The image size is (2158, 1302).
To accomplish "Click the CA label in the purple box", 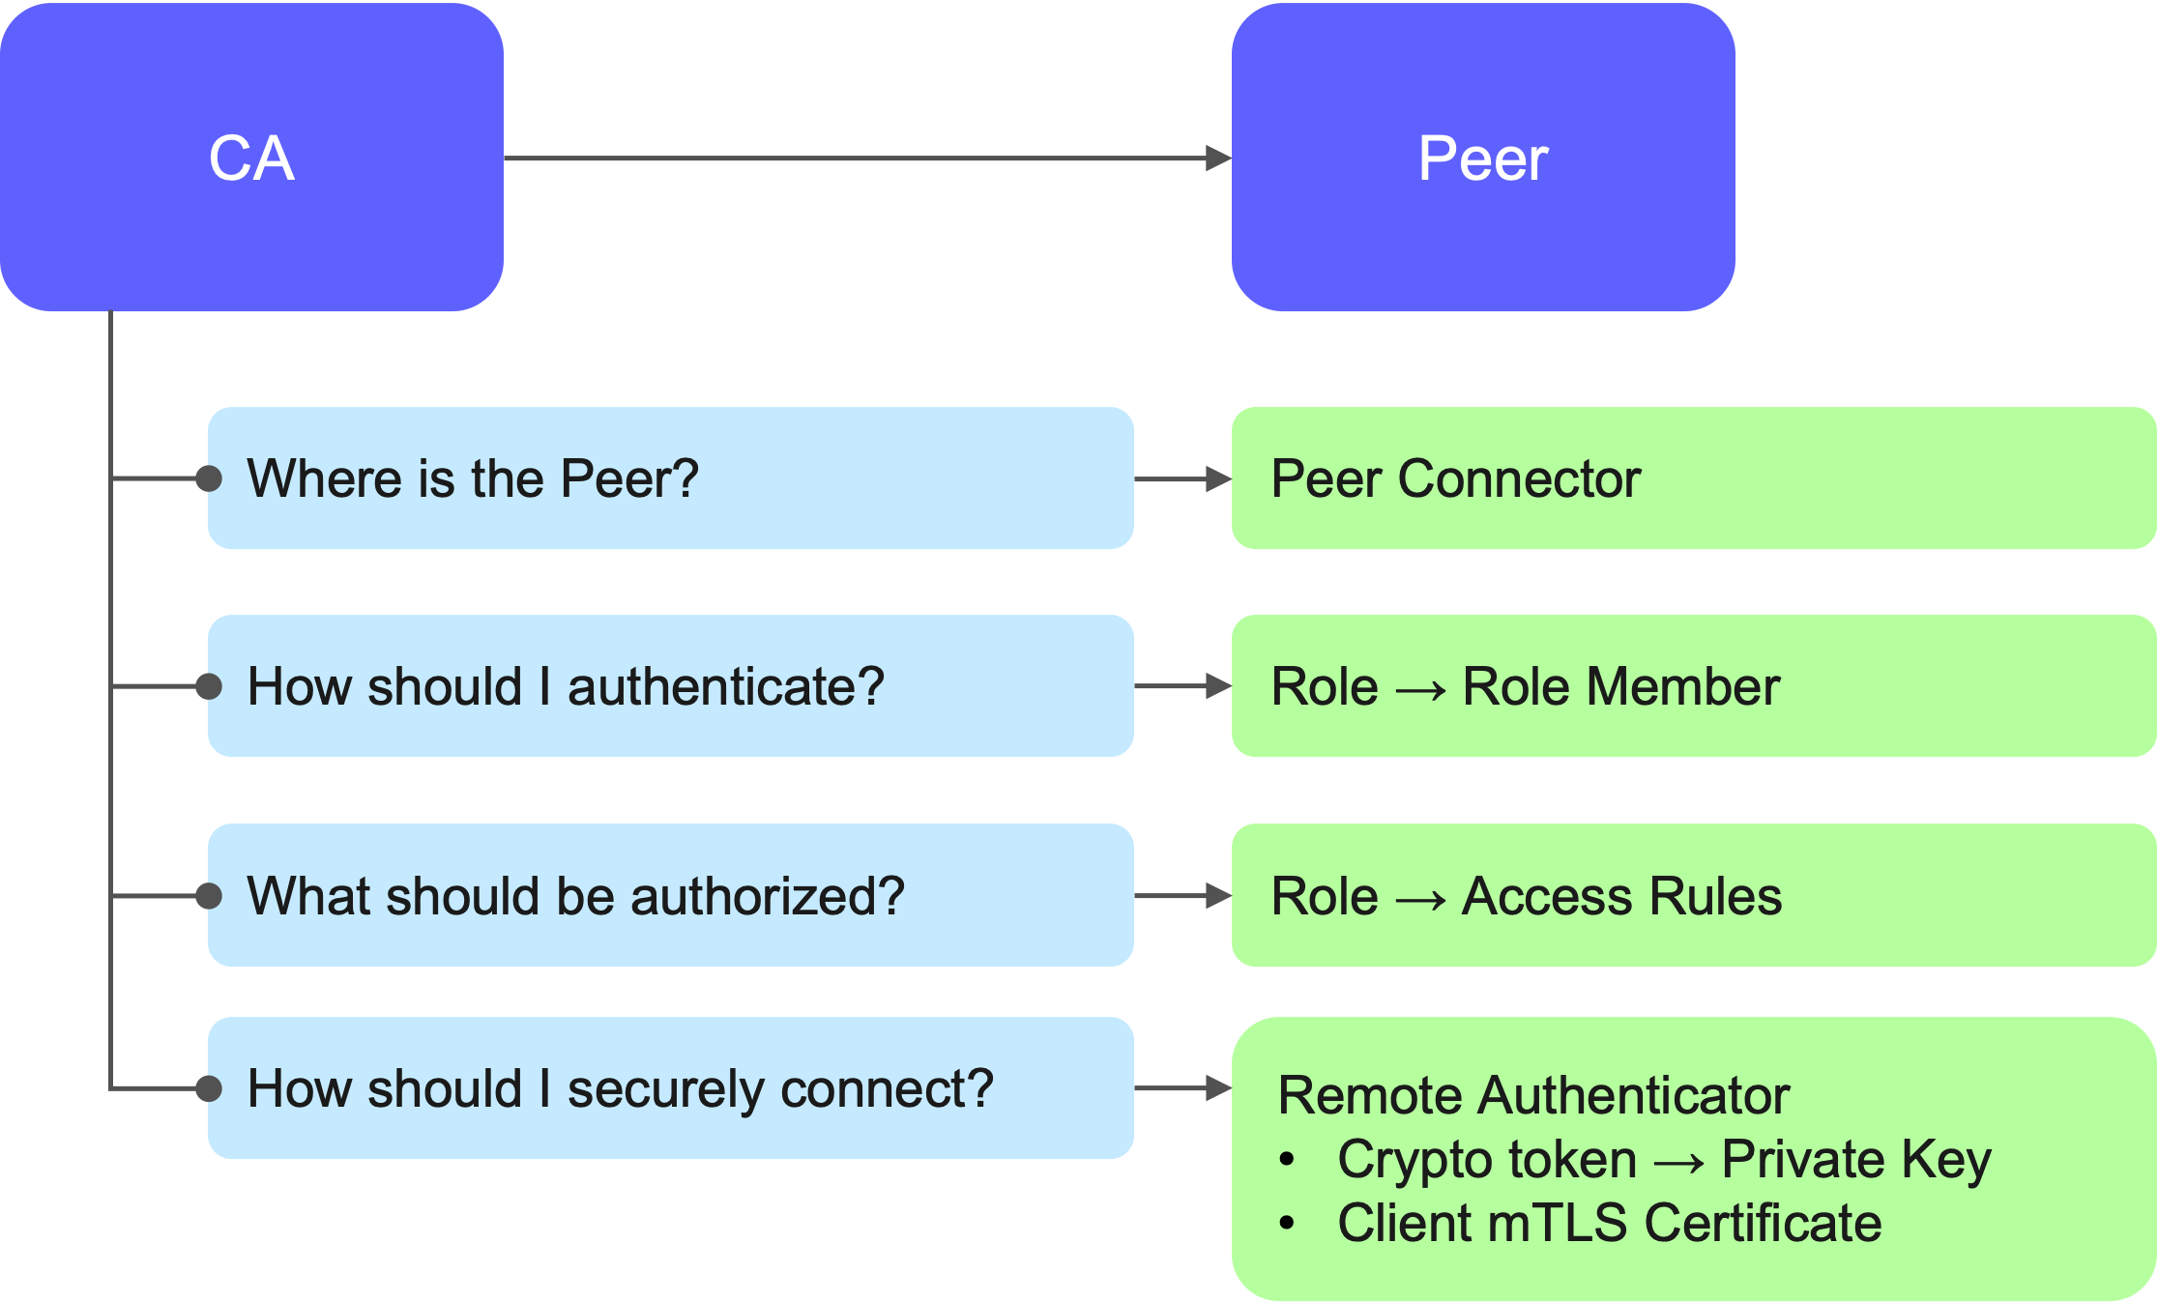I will click(251, 159).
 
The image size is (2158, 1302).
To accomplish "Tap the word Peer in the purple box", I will click(1483, 159).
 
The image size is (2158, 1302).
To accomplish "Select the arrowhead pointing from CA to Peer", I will click(1218, 159).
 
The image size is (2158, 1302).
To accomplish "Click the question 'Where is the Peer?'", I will click(473, 478).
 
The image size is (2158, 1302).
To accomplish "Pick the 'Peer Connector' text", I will click(1456, 478).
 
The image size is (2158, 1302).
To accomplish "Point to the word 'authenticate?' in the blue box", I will click(725, 687).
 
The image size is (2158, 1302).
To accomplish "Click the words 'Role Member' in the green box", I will click(1620, 687).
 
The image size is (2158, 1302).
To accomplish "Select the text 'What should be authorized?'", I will click(576, 896).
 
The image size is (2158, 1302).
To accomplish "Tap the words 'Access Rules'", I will click(1621, 896).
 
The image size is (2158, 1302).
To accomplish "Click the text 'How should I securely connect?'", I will click(621, 1089).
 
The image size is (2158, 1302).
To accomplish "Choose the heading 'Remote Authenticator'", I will click(1533, 1096).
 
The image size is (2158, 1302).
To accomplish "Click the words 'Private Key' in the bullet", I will click(1856, 1159).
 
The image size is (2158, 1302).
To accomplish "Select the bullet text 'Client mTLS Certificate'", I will click(1610, 1223).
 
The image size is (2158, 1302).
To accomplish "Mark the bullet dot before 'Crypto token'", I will click(1287, 1160).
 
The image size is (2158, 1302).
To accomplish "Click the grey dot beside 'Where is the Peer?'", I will click(209, 478).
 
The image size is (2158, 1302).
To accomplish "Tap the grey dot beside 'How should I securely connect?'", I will click(209, 1089).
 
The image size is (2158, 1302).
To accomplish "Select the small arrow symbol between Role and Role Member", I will click(1420, 689).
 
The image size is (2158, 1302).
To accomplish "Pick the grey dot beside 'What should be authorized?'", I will click(209, 896).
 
